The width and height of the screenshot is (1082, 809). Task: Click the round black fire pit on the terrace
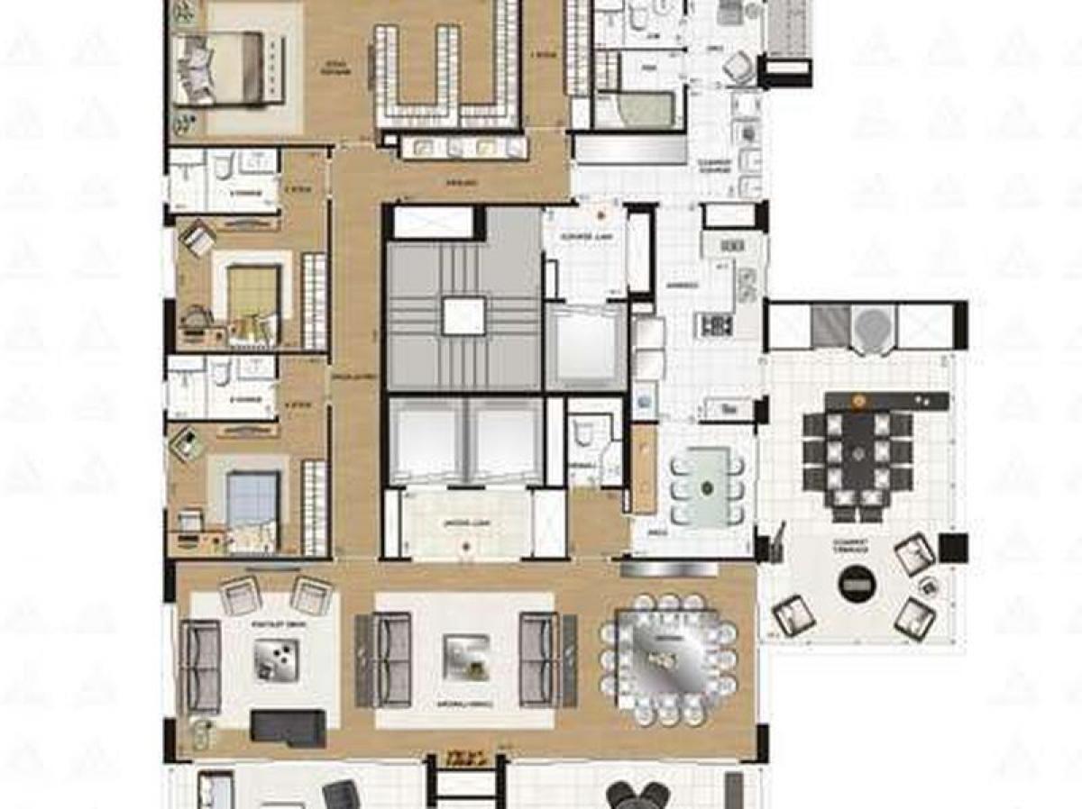coord(855,584)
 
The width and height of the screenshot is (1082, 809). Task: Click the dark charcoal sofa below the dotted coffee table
coord(288,726)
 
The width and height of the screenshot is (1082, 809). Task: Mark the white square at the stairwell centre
coord(464,315)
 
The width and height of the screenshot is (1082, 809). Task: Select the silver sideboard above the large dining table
coord(656,569)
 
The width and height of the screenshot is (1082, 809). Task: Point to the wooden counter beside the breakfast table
coord(643,468)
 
